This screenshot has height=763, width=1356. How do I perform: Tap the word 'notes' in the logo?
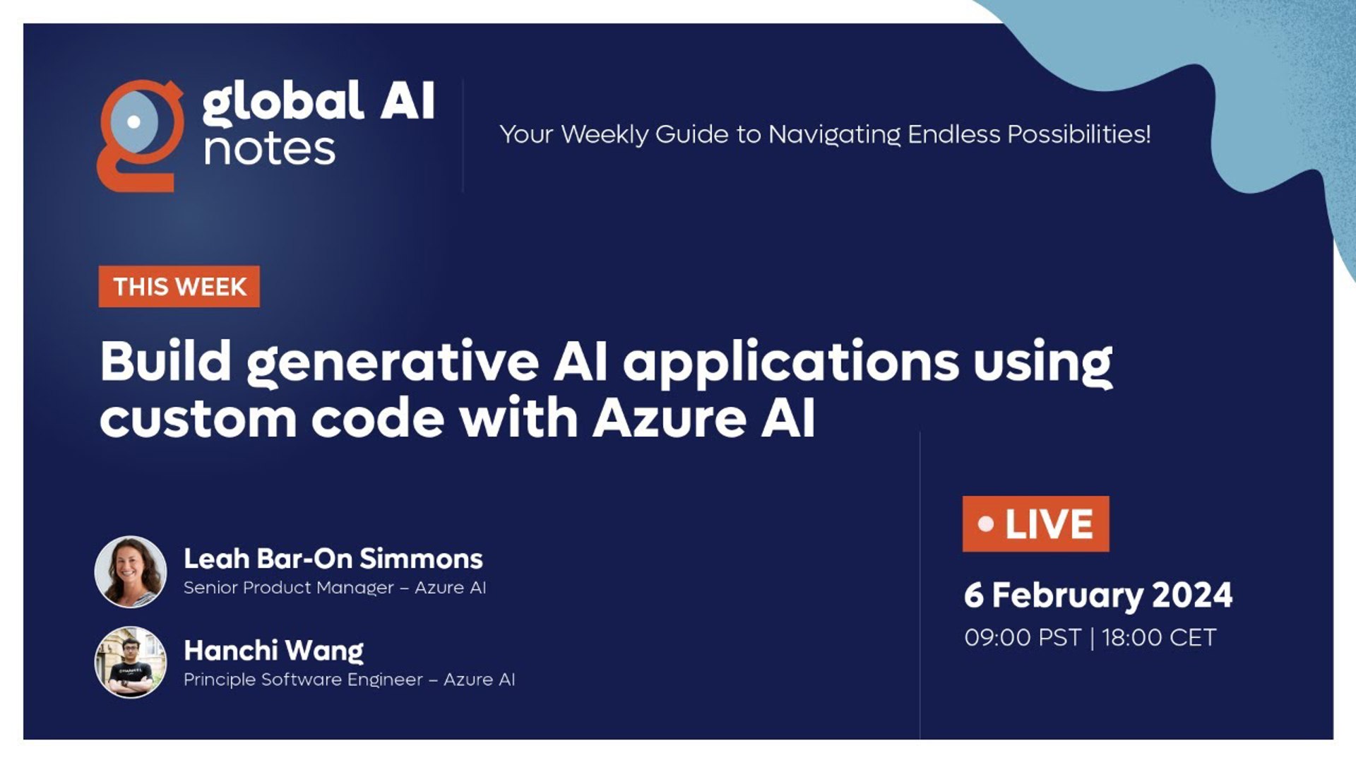[x=269, y=150]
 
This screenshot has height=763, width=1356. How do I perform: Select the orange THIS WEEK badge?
[x=179, y=287]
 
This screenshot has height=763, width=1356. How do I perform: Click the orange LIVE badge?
[x=1035, y=524]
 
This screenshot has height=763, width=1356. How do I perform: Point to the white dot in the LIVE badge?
[x=986, y=524]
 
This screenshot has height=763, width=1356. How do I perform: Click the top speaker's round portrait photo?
[x=131, y=572]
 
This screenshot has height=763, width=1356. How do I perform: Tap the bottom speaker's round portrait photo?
[x=131, y=662]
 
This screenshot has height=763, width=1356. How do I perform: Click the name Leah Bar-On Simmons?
[x=333, y=559]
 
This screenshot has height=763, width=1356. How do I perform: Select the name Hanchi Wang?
[x=273, y=651]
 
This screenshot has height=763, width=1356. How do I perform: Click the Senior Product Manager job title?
[x=289, y=588]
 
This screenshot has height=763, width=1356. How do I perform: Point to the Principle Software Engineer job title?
[x=303, y=680]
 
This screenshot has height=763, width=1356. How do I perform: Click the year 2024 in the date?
[x=1192, y=595]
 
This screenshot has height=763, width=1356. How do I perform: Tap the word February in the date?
[x=1067, y=596]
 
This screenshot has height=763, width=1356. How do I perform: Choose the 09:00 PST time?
[x=1023, y=637]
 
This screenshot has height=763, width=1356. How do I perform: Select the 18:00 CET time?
[x=1159, y=637]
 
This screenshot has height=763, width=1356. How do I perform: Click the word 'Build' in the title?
[x=166, y=361]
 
